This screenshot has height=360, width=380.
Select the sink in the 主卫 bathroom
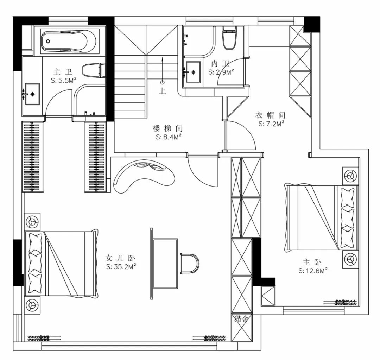32,94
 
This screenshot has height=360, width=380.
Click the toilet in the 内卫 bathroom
229,37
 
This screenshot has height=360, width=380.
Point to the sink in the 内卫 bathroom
193,72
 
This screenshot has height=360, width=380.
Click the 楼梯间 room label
167,128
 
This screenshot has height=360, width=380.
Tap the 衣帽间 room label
271,115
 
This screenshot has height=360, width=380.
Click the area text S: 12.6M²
313,271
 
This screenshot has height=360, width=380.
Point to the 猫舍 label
241,319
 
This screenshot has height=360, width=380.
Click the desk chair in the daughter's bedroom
190,264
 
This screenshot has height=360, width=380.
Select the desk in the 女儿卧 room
164,264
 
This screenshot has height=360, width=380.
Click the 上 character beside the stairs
162,91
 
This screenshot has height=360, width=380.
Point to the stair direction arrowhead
162,59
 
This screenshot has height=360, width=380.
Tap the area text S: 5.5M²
64,81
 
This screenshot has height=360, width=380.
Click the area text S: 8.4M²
169,137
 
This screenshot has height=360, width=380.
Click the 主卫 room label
63,72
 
